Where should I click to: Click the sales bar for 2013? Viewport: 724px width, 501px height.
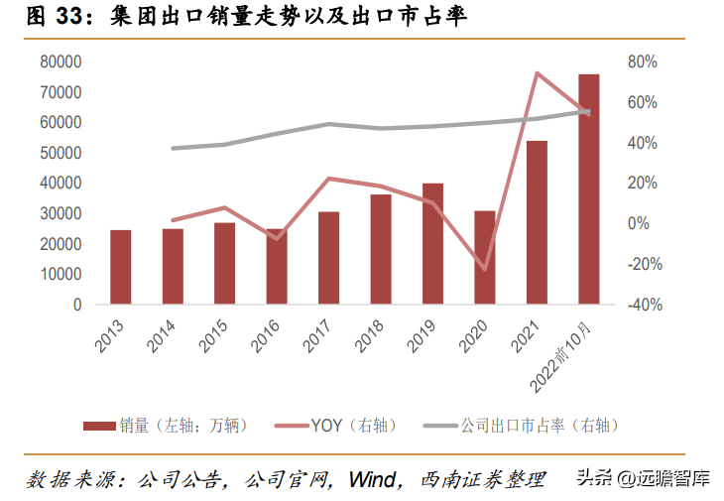click(120, 267)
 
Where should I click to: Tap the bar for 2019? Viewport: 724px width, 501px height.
click(432, 243)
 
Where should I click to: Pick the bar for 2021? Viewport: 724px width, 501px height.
click(537, 222)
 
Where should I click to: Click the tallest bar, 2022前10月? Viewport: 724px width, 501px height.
click(588, 188)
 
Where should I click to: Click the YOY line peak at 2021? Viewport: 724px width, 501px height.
click(537, 72)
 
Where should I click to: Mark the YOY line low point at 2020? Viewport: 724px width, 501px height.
click(485, 269)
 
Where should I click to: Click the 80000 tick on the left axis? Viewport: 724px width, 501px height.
click(60, 62)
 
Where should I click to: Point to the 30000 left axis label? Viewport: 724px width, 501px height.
click(60, 213)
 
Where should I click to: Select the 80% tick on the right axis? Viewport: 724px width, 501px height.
click(643, 62)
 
